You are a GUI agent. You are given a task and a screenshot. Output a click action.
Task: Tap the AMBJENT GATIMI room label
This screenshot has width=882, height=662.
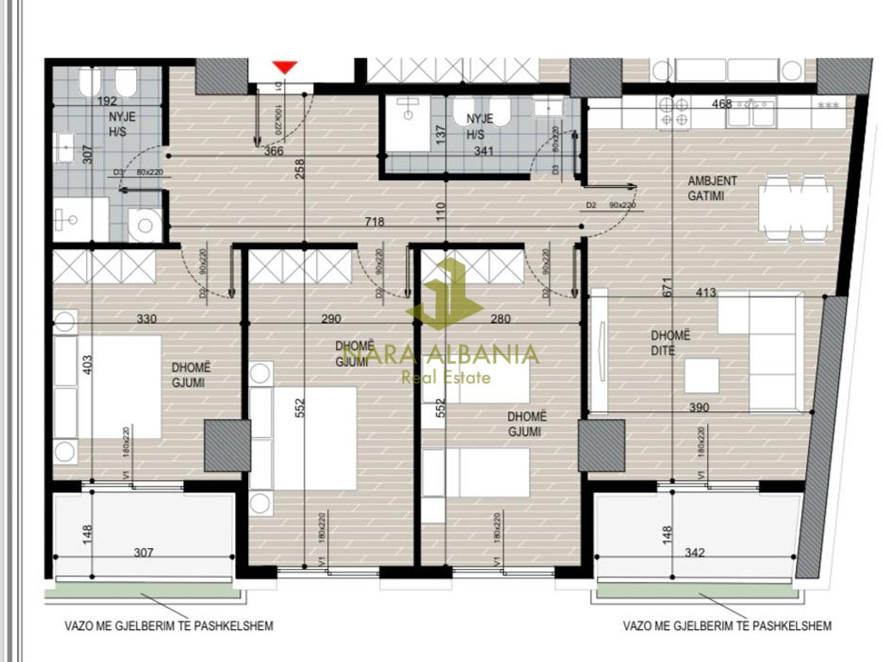coord(705,189)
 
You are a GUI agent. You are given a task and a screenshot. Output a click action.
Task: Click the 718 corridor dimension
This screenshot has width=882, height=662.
coord(374,222)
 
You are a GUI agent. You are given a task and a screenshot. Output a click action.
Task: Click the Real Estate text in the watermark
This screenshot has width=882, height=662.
coord(446,377)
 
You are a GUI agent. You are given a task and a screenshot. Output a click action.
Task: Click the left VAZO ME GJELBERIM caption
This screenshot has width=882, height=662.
coord(167,626)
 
